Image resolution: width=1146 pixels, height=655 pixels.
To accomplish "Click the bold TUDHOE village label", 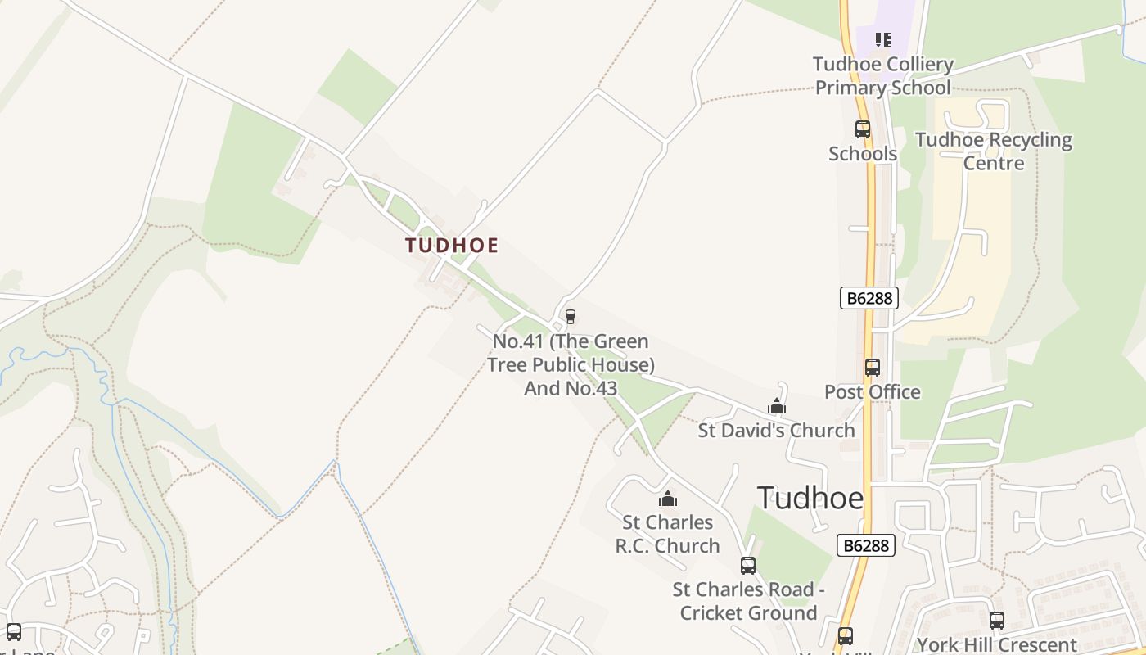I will [452, 245].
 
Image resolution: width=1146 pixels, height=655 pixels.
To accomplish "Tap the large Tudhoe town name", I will [810, 498].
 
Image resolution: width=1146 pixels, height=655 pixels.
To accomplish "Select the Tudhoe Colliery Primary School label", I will [882, 76].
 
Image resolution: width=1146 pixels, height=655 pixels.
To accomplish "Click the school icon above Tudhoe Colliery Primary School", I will [882, 39].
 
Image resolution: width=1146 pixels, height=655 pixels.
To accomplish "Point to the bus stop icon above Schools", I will [863, 129].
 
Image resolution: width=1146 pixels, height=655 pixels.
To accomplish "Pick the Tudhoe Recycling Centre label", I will [993, 151].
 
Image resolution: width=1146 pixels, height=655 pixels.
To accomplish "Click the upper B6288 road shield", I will [869, 298].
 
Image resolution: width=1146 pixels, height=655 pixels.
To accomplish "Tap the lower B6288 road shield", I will [865, 545].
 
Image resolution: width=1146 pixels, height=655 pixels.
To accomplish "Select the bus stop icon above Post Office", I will [873, 368].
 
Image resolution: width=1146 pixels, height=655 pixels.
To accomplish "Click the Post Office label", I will [872, 392].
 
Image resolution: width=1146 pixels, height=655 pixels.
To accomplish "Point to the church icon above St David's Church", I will [777, 406].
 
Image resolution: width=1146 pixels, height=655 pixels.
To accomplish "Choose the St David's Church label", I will [776, 430].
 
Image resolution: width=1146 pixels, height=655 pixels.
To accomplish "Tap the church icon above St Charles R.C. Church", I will [668, 499].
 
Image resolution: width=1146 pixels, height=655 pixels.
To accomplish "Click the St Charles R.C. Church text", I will [668, 534].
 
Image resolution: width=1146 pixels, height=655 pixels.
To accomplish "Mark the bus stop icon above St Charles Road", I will [748, 565].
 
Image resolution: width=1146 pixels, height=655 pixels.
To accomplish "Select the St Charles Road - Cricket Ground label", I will [748, 601].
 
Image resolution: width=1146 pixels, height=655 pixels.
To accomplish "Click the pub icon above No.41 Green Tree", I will [571, 317].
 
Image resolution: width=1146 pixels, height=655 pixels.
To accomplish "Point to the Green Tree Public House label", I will [571, 364].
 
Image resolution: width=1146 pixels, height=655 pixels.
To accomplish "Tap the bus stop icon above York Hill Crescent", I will [996, 621].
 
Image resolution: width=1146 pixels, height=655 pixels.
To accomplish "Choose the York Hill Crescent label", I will [996, 644].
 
